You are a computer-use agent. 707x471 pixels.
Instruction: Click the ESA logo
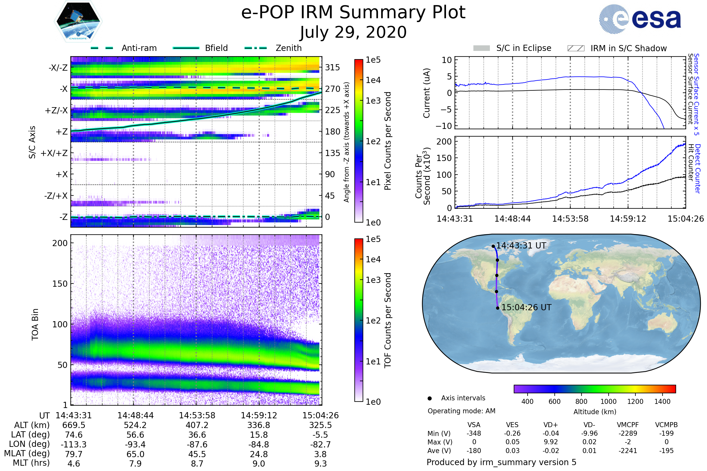[x=640, y=19]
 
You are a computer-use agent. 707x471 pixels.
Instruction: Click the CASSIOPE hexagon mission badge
[x=78, y=21]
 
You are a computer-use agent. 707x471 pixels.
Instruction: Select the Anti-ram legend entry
[x=123, y=48]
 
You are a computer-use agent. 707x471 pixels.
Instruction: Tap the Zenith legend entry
[x=273, y=48]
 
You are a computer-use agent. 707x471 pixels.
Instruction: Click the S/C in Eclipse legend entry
[x=512, y=48]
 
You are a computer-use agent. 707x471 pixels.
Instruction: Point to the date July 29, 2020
[x=353, y=32]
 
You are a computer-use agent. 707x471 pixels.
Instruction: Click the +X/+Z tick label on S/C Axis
[x=54, y=153]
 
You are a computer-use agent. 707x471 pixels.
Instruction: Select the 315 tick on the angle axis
[x=333, y=67]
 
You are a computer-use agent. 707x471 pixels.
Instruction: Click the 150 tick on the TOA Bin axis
[x=60, y=284]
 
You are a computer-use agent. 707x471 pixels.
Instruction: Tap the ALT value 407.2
[x=197, y=425]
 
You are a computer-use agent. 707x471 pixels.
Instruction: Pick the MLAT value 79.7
[x=74, y=454]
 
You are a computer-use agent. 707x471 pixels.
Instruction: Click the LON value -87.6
[x=197, y=444]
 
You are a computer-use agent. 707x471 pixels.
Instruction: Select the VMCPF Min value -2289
[x=628, y=433]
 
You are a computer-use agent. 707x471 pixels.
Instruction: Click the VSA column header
[x=474, y=425]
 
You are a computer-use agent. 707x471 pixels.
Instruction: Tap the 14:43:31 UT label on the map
[x=521, y=246]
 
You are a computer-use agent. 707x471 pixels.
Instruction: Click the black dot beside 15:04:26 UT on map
[x=498, y=308]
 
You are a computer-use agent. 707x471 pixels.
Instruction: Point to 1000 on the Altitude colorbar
[x=608, y=402]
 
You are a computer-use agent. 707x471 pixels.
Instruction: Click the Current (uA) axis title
[x=427, y=93]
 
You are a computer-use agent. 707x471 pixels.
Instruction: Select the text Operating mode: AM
[x=461, y=411]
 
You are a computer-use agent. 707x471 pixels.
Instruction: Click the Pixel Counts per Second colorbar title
[x=388, y=141]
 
